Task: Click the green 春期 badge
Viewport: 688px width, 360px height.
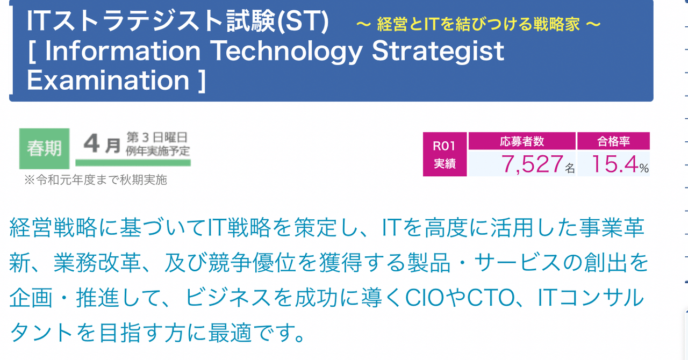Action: click(x=44, y=149)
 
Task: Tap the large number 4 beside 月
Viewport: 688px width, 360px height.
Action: click(x=91, y=143)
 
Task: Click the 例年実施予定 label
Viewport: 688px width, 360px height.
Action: click(x=157, y=151)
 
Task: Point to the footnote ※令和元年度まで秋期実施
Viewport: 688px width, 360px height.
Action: click(x=96, y=179)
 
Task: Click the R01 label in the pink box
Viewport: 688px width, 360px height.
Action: click(x=444, y=146)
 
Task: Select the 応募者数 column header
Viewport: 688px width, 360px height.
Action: click(x=522, y=141)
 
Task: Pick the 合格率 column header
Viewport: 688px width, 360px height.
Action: click(x=613, y=141)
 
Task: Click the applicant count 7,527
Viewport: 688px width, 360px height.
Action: click(x=532, y=164)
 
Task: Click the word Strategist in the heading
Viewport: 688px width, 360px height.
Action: click(x=438, y=51)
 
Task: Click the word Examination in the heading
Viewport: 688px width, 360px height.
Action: click(x=108, y=80)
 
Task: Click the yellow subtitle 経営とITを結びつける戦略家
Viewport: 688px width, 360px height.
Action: click(x=478, y=24)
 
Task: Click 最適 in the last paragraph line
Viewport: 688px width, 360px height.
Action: click(x=230, y=333)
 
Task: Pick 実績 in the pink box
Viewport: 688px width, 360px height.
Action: click(x=445, y=163)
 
